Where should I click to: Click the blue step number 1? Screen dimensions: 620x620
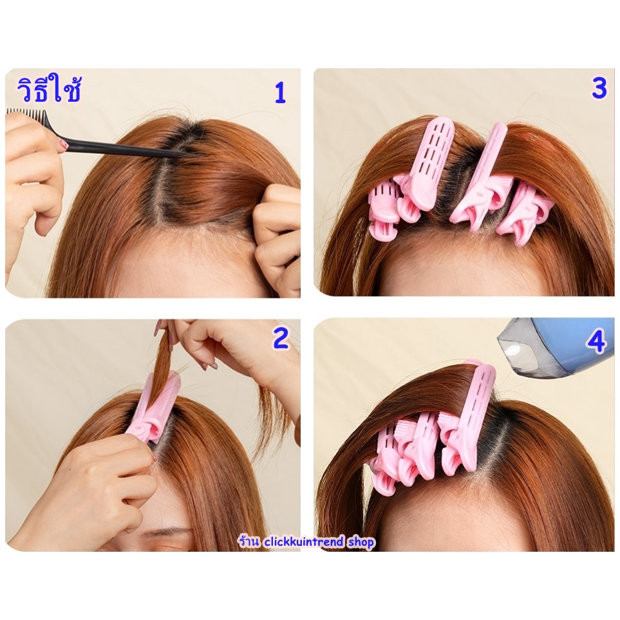click(x=280, y=93)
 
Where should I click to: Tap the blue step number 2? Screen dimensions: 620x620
click(x=281, y=339)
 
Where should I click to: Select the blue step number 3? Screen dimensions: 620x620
click(x=599, y=88)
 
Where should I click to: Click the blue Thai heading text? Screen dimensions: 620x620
click(x=50, y=90)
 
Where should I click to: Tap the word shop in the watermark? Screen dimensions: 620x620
click(x=361, y=542)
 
